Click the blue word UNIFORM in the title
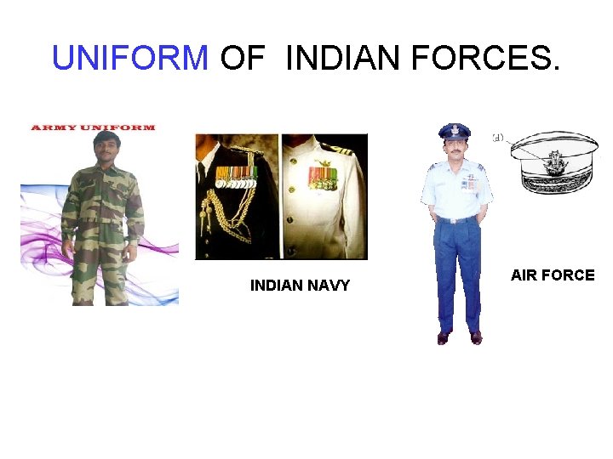[x=130, y=58]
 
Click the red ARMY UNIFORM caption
[x=93, y=127]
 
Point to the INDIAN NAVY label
[x=300, y=286]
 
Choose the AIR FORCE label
[x=552, y=275]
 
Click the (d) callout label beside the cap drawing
[x=497, y=136]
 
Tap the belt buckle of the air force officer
[x=457, y=220]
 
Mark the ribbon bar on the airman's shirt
[x=468, y=183]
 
